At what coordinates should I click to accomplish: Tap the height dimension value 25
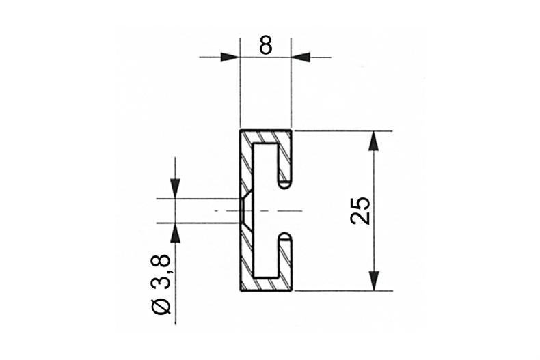[x=361, y=210]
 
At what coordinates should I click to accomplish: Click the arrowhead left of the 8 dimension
[x=231, y=57]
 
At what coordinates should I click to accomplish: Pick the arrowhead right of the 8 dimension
[x=301, y=57]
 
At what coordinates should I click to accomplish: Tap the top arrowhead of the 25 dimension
[x=373, y=139]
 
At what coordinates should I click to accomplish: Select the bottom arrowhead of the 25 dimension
[x=373, y=281]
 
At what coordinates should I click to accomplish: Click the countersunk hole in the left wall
[x=245, y=210]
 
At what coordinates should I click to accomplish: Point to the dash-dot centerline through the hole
[x=273, y=210]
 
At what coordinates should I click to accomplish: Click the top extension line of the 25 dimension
[x=342, y=130]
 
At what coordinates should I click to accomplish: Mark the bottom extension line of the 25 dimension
[x=342, y=291]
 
